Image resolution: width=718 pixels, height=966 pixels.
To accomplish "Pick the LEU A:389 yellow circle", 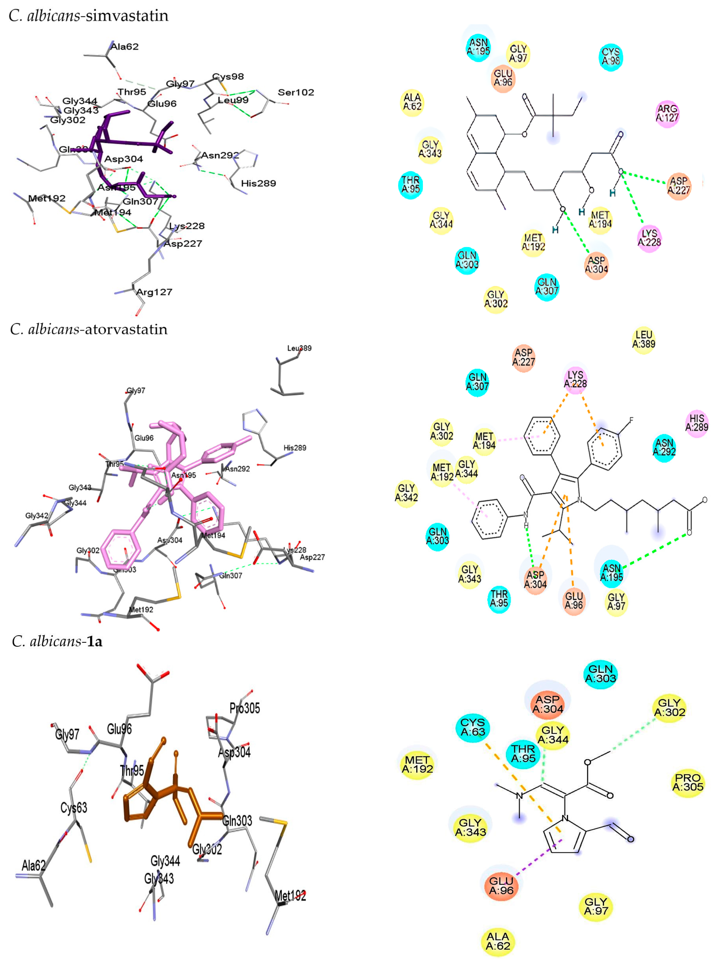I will coord(644,339).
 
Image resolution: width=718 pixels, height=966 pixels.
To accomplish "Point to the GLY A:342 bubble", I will coord(406,493).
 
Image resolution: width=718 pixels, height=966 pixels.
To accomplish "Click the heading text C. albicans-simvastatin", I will coord(89,16).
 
